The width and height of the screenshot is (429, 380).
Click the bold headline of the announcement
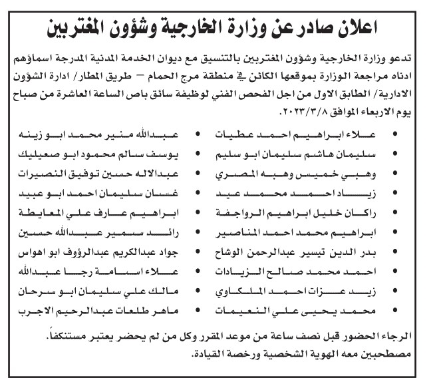[214, 27]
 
